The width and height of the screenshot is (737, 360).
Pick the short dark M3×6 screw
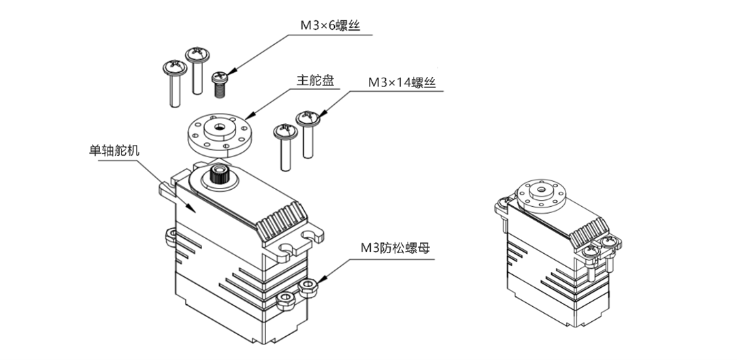tap(219, 84)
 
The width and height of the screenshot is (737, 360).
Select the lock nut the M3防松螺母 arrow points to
tap(308, 286)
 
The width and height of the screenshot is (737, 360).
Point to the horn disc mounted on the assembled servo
tap(539, 193)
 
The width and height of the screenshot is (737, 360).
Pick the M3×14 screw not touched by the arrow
tap(284, 146)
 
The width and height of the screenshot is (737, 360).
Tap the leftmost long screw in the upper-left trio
tap(173, 83)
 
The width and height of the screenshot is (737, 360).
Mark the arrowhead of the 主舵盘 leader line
tap(247, 116)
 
